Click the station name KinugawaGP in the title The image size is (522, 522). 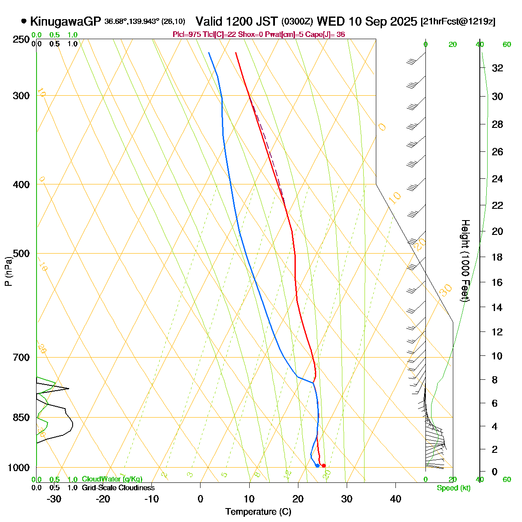(66, 21)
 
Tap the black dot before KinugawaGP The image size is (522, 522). (23, 21)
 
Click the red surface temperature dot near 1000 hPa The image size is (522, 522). (324, 466)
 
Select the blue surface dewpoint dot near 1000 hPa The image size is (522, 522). (318, 466)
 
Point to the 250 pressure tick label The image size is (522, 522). (20, 40)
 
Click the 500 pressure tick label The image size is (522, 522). (20, 253)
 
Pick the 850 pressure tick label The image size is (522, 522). (20, 418)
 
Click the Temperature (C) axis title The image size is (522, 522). (258, 512)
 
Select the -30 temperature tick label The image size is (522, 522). (54, 499)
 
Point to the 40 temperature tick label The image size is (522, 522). (395, 499)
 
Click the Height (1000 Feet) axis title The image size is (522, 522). (465, 261)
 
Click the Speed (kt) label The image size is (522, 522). (454, 488)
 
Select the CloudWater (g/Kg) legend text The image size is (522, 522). (112, 479)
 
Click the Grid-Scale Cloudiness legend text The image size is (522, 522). (118, 488)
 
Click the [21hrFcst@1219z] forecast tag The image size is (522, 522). (458, 22)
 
